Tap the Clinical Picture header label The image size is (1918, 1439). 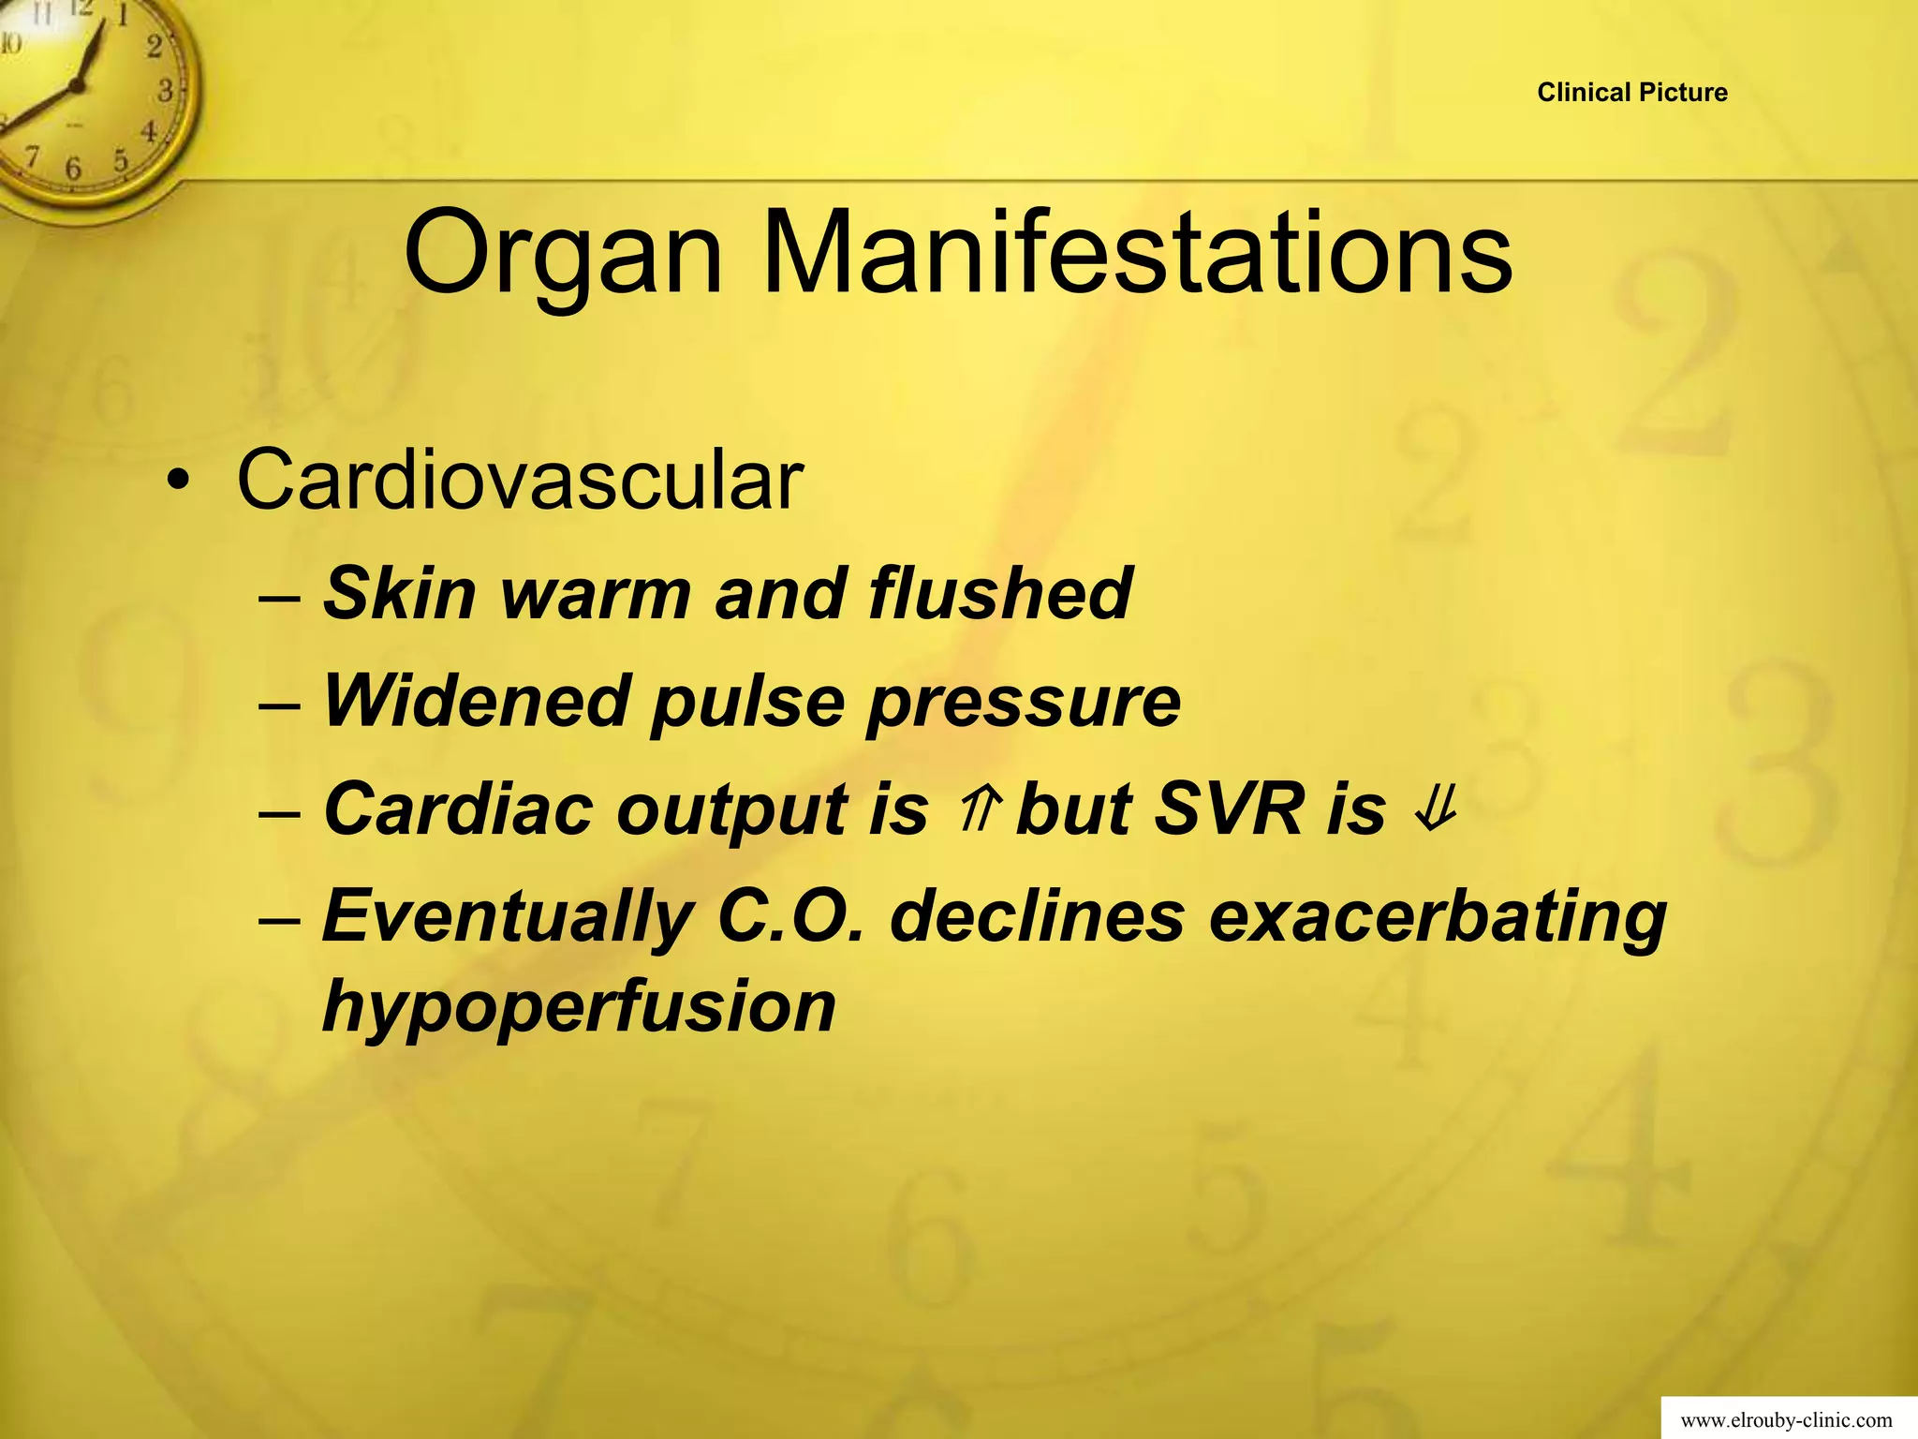[x=1632, y=93]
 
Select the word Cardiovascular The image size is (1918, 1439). [x=520, y=481]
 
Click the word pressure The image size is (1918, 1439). [x=1023, y=703]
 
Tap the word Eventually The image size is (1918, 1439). [x=507, y=917]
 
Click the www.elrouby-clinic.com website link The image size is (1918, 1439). [x=1786, y=1420]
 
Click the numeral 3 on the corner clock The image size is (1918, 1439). [x=166, y=92]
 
